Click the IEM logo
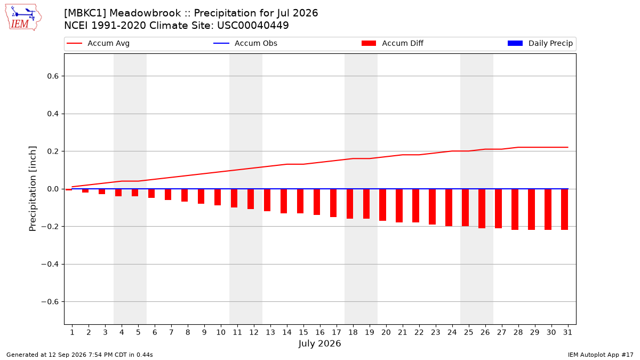23,18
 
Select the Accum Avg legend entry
98,43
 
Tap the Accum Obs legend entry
245,43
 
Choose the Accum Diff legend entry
393,43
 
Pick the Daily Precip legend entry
540,43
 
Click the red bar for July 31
564,210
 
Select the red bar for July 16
317,202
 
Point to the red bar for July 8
185,195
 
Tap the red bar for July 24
449,207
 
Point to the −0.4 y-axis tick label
50,265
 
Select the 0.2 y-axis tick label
53,151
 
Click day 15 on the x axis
303,332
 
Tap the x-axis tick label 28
518,332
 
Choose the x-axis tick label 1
73,332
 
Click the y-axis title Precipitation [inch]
33,189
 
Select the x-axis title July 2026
319,343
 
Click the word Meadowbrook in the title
145,13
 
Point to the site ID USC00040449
253,26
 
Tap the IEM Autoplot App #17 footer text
601,355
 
